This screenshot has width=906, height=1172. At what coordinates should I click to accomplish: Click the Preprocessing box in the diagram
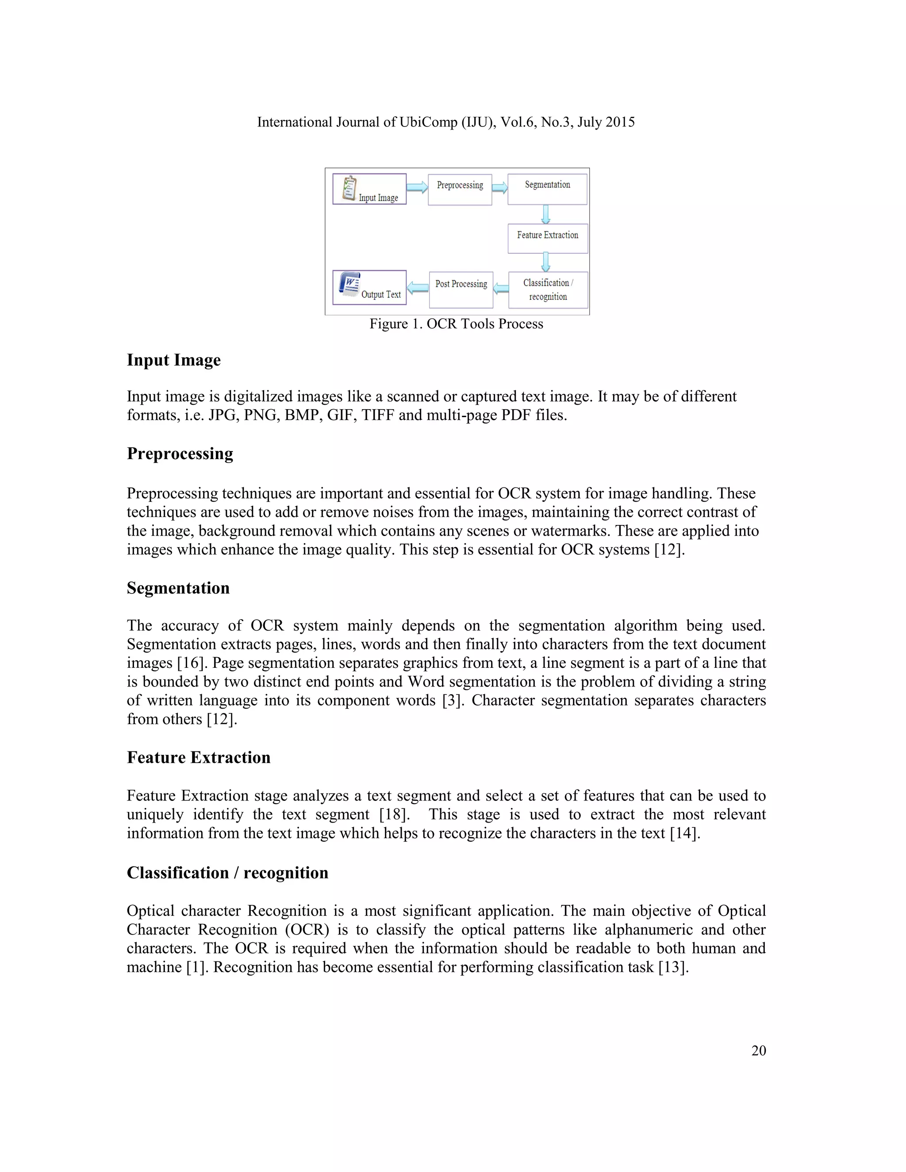coord(460,189)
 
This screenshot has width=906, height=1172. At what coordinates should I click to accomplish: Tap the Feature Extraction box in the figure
coord(548,238)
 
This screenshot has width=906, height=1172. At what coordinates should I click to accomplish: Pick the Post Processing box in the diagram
coord(461,289)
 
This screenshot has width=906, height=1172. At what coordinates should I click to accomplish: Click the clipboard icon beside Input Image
coord(349,188)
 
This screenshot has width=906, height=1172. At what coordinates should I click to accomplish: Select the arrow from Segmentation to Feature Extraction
coord(546,214)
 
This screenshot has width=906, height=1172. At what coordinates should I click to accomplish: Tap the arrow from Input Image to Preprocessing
coord(416,187)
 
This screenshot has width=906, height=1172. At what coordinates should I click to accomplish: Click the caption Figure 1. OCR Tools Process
coord(456,324)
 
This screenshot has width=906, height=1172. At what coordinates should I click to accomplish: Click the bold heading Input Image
coord(173,360)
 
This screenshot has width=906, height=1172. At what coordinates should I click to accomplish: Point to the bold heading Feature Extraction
coord(199,757)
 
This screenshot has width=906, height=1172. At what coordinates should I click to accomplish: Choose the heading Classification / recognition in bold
coord(227,873)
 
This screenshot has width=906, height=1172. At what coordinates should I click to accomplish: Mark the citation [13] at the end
coord(673,967)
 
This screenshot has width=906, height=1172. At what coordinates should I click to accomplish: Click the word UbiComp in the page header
coord(428,123)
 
